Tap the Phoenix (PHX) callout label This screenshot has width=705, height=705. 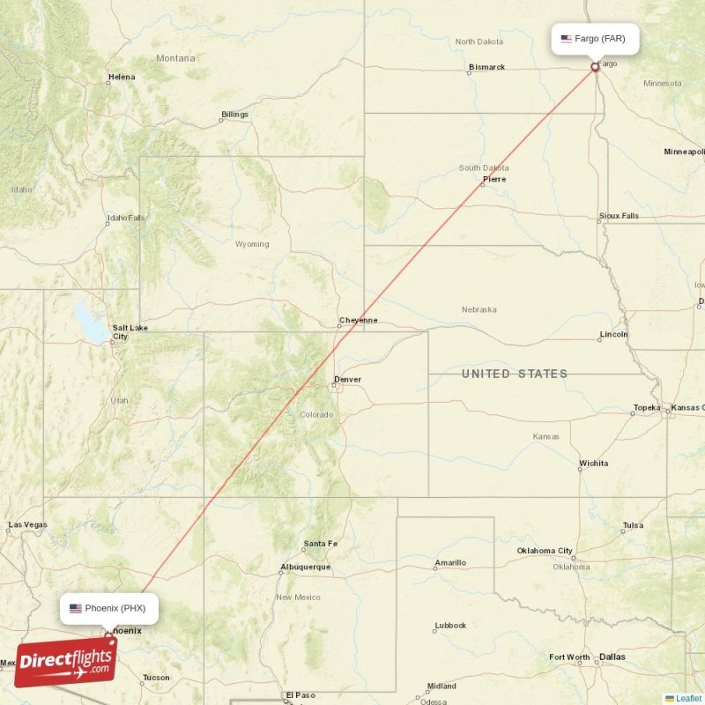110,608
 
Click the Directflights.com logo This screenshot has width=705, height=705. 65,662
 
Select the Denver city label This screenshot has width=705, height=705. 347,380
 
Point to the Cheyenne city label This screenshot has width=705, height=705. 359,320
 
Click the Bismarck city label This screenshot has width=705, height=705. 487,67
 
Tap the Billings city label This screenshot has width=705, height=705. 234,115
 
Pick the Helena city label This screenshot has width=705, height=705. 122,77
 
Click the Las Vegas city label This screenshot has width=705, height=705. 27,525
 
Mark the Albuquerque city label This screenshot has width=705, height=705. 305,567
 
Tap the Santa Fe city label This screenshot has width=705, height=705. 320,543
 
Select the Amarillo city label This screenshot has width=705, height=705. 450,562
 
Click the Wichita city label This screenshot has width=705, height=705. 593,463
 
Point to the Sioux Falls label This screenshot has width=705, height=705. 619,215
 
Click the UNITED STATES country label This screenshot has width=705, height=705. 515,374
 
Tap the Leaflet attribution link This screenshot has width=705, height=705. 688,698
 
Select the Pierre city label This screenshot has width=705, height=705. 494,179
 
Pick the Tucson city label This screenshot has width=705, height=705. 156,677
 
